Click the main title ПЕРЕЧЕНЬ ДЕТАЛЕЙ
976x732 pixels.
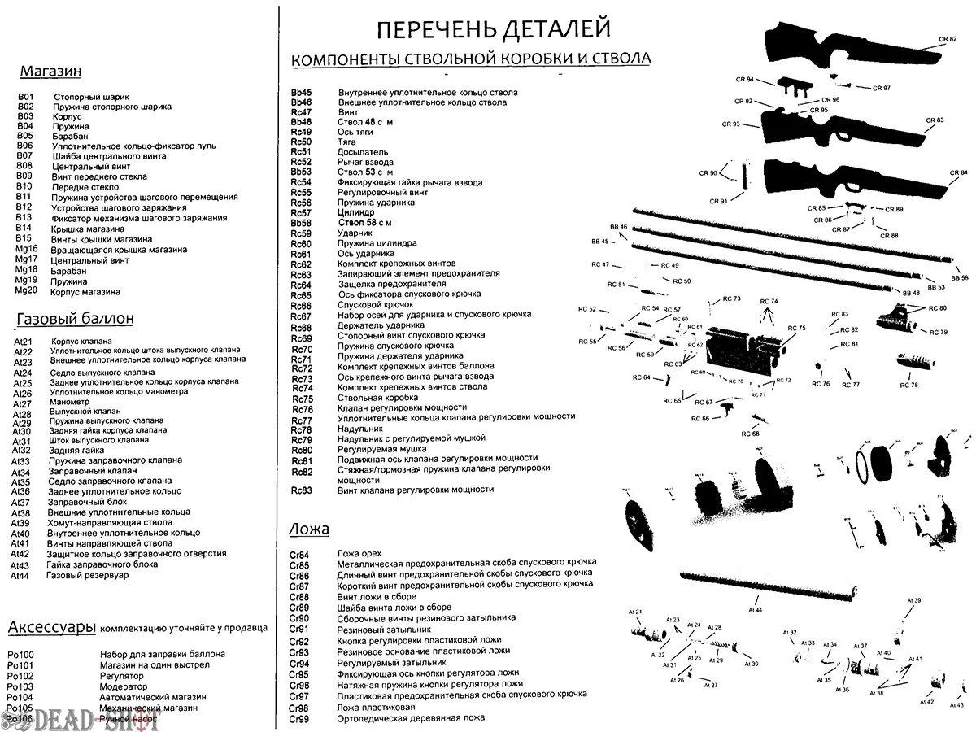point(493,30)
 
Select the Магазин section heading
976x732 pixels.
point(50,72)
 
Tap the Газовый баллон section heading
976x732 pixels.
point(75,318)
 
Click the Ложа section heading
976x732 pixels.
point(309,529)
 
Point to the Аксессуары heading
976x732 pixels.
point(50,627)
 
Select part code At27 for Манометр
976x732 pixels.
point(22,404)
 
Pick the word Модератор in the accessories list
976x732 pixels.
point(124,686)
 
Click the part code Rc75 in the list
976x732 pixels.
point(301,399)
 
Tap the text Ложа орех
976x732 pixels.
point(359,553)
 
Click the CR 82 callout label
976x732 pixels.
point(948,39)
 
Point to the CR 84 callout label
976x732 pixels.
point(959,173)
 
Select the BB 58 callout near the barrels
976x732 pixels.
point(959,278)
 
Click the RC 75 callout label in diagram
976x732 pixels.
point(796,329)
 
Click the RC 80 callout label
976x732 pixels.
point(937,308)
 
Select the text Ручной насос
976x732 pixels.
point(127,719)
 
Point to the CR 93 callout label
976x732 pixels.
point(730,124)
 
